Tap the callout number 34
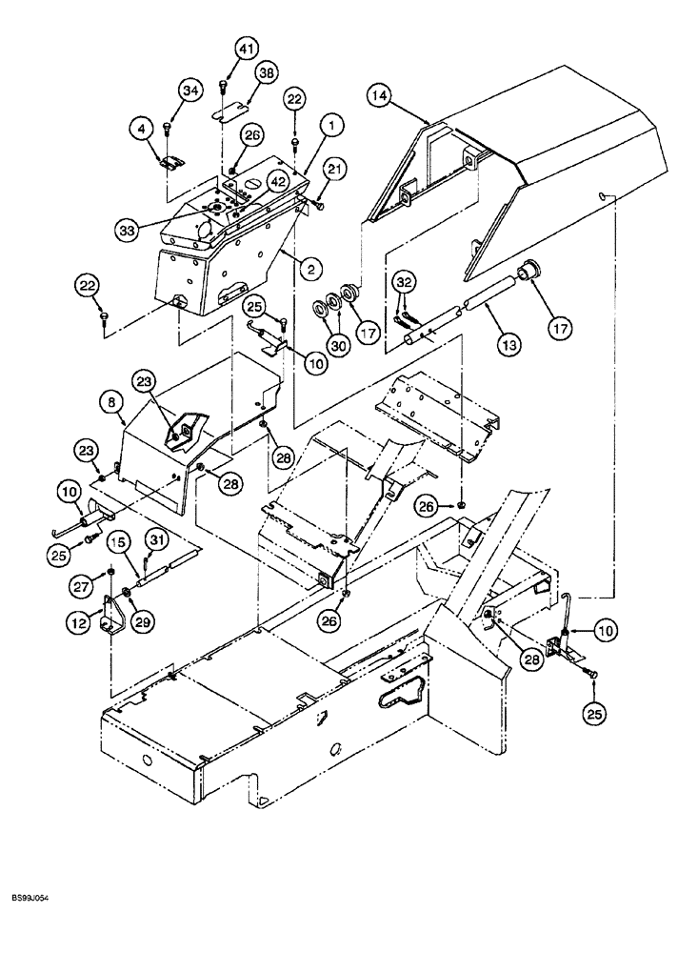(190, 91)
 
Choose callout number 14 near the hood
(379, 97)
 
